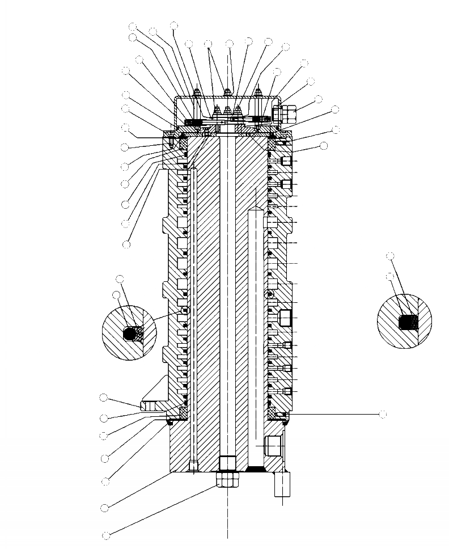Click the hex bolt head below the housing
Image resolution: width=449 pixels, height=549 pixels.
coord(228,480)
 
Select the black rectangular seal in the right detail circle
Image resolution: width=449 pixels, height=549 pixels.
coord(408,323)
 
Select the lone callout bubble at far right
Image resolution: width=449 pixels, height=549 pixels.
coord(383,415)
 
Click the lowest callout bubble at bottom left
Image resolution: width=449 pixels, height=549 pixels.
coord(105,535)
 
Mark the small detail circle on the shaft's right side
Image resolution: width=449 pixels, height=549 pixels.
coord(270,294)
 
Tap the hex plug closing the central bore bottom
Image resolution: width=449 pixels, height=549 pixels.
coord(228,462)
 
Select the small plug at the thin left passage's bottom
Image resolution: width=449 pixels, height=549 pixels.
coord(193,466)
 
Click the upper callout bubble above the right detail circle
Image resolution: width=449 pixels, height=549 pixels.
coord(390,256)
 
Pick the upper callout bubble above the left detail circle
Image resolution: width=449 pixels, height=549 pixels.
coord(120,278)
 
